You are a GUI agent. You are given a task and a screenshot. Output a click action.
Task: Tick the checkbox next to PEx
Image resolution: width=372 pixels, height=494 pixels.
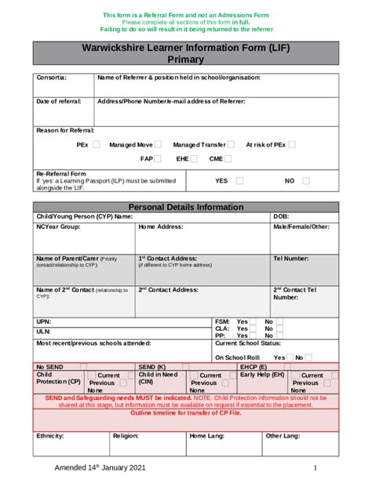(x=97, y=145)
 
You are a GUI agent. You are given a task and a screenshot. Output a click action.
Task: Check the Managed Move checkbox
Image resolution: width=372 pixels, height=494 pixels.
(x=159, y=145)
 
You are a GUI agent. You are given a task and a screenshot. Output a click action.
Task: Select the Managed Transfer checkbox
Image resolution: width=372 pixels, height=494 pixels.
(x=231, y=145)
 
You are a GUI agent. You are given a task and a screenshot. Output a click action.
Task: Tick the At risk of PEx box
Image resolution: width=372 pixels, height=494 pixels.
(x=292, y=145)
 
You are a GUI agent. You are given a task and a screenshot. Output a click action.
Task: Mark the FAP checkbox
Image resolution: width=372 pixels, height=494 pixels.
(x=158, y=159)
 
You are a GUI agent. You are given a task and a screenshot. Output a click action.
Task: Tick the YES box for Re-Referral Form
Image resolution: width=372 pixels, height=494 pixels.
(x=239, y=181)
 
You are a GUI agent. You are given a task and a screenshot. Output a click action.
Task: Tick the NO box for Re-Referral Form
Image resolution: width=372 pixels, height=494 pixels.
(x=306, y=181)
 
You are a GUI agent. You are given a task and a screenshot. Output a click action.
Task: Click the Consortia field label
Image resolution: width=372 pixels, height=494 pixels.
(x=52, y=78)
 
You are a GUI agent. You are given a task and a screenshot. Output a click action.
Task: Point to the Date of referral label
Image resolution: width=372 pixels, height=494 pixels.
(x=59, y=101)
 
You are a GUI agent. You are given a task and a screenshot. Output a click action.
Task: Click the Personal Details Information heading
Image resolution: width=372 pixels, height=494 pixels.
(x=186, y=207)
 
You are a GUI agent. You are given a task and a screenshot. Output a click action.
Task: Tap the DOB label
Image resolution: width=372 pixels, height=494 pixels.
(x=281, y=216)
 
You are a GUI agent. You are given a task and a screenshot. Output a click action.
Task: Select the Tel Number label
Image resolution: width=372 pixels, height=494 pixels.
(x=290, y=258)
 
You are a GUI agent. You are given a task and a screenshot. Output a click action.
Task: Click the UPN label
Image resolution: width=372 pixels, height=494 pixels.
(x=44, y=321)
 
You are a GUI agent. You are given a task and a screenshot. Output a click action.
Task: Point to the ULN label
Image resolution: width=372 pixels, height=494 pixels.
(x=44, y=332)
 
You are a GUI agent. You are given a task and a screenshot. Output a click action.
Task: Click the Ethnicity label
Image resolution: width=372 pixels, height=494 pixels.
(x=50, y=435)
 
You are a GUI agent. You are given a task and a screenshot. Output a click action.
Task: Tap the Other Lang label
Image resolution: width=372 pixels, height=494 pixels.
(x=283, y=435)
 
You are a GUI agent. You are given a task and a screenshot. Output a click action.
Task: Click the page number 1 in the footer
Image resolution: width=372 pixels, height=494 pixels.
(x=315, y=468)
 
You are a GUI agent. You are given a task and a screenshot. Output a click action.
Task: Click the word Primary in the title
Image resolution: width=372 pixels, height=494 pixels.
(x=185, y=59)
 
